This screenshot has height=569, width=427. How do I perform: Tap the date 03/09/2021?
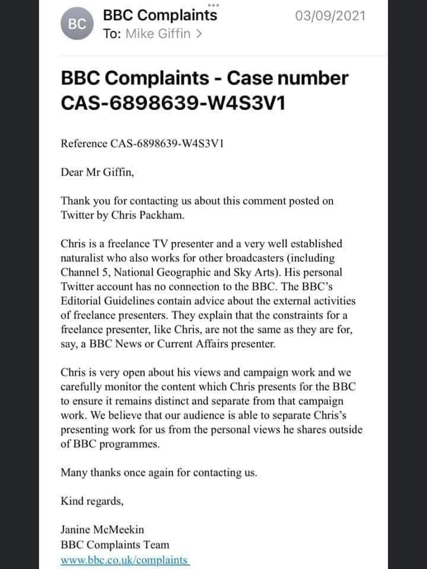[x=331, y=15]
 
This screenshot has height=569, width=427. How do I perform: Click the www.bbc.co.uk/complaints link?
[x=124, y=560]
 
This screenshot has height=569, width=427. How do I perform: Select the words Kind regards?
[x=92, y=501]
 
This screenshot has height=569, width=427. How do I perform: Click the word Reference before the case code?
[x=84, y=144]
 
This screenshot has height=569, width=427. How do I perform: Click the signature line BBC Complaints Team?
[x=115, y=544]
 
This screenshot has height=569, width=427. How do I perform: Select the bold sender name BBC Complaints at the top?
[x=160, y=15]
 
